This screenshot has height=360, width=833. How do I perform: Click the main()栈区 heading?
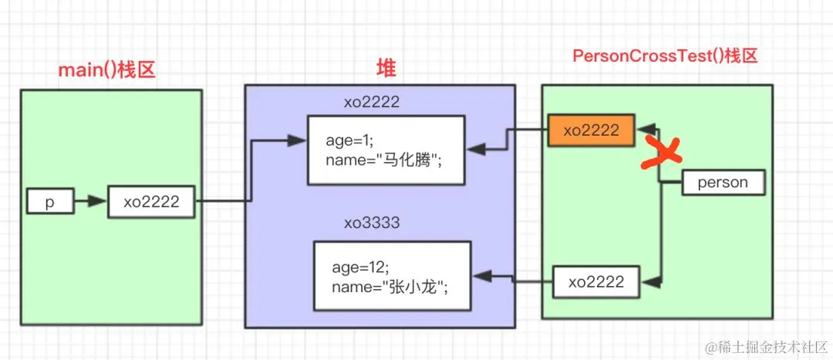point(107,70)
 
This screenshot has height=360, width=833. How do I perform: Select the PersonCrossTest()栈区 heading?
point(666,56)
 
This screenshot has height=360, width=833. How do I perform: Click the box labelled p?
point(49,202)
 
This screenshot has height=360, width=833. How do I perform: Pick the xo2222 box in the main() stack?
point(151,202)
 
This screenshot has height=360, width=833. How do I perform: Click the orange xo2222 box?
point(591,130)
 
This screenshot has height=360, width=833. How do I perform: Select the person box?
point(722,183)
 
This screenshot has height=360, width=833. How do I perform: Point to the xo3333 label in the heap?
point(372,223)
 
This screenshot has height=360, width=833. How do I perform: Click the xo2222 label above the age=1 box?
point(372,102)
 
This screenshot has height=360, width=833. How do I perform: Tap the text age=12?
point(356,267)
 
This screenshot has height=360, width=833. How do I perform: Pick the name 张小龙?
point(417,287)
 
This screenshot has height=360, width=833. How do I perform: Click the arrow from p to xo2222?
point(90,202)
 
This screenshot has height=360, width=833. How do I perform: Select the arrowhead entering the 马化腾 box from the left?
point(297,140)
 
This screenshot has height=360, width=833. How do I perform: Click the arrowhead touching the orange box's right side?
point(648,126)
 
